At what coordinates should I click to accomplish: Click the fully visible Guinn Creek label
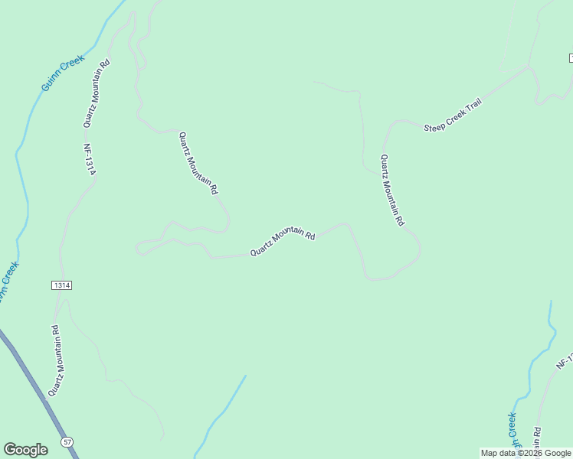click(63, 73)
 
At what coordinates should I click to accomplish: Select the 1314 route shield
click(62, 285)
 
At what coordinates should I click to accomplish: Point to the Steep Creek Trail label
click(452, 116)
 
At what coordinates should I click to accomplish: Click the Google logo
click(25, 450)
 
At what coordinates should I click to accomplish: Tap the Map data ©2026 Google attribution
click(526, 453)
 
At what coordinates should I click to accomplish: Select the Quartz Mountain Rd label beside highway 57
click(54, 360)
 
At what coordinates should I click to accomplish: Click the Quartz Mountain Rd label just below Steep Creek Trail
click(392, 190)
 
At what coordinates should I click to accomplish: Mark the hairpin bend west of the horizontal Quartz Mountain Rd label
click(139, 248)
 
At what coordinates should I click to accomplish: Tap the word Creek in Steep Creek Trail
click(453, 116)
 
